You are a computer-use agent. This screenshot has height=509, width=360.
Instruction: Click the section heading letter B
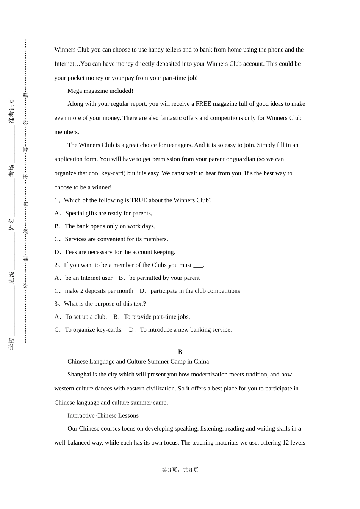click(180, 352)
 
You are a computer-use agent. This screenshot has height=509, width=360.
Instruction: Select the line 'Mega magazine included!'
click(100, 91)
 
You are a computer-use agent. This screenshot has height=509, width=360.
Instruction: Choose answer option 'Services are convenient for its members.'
click(116, 239)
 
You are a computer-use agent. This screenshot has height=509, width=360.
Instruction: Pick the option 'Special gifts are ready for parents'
click(108, 213)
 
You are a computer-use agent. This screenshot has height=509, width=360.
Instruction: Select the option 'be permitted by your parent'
click(164, 278)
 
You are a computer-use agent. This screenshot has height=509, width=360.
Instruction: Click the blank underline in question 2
click(198, 265)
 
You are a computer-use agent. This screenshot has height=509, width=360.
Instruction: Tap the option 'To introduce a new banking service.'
click(186, 330)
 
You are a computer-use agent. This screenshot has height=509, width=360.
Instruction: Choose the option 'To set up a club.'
click(86, 317)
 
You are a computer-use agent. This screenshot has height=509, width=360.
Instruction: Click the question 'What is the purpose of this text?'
click(105, 304)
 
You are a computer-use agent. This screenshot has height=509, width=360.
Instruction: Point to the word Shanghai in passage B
click(79, 375)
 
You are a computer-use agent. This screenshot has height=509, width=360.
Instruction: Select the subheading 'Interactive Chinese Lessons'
click(103, 416)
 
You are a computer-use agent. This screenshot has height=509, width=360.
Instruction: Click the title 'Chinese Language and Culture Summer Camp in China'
click(138, 362)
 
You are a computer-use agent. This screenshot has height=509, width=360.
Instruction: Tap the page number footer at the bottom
click(180, 470)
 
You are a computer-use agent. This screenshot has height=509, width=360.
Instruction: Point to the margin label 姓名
click(12, 224)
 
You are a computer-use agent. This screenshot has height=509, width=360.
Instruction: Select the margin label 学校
click(12, 343)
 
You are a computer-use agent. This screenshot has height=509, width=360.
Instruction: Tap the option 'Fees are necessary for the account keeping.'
click(120, 252)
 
